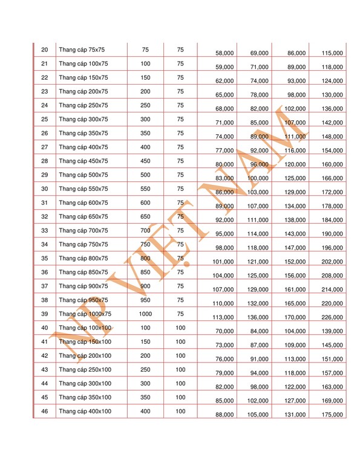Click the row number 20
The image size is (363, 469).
(x=44, y=50)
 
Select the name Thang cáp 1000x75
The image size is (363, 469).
(x=85, y=314)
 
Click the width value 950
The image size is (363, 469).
(x=145, y=300)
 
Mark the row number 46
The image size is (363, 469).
(x=44, y=411)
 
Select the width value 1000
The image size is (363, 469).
(x=145, y=314)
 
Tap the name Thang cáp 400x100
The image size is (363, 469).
(x=85, y=411)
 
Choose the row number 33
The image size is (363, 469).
(x=44, y=230)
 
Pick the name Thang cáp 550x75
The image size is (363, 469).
(x=83, y=189)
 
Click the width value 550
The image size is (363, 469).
(x=145, y=189)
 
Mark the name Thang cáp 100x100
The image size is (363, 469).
(x=85, y=328)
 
